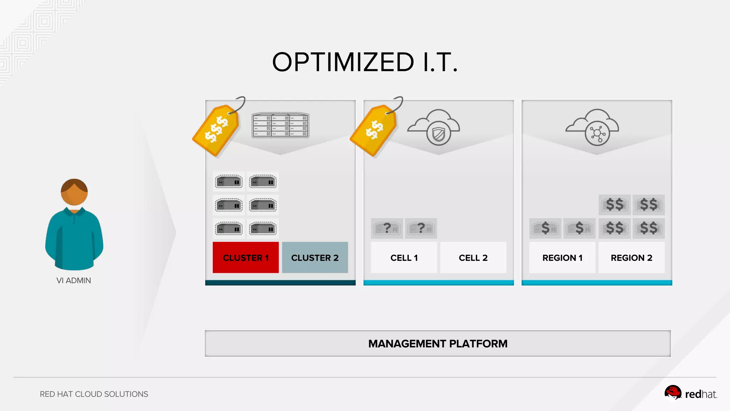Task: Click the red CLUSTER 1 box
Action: click(x=246, y=258)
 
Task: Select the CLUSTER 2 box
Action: click(x=315, y=258)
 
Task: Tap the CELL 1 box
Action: click(x=404, y=258)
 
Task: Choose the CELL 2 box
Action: click(x=473, y=258)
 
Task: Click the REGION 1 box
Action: click(x=562, y=258)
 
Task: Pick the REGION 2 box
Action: click(x=631, y=258)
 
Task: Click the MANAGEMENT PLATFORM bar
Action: click(x=438, y=344)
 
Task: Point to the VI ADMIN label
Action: click(x=74, y=280)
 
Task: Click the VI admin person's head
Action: click(x=74, y=192)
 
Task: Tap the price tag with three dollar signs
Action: click(x=216, y=130)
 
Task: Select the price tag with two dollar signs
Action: click(x=374, y=130)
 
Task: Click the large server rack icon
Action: click(x=281, y=125)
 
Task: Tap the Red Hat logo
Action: click(x=690, y=394)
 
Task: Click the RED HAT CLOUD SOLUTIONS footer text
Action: click(x=94, y=394)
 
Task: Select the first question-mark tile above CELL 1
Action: click(x=387, y=228)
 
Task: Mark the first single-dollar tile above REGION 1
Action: click(x=545, y=228)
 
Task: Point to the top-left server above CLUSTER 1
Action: click(x=229, y=182)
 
